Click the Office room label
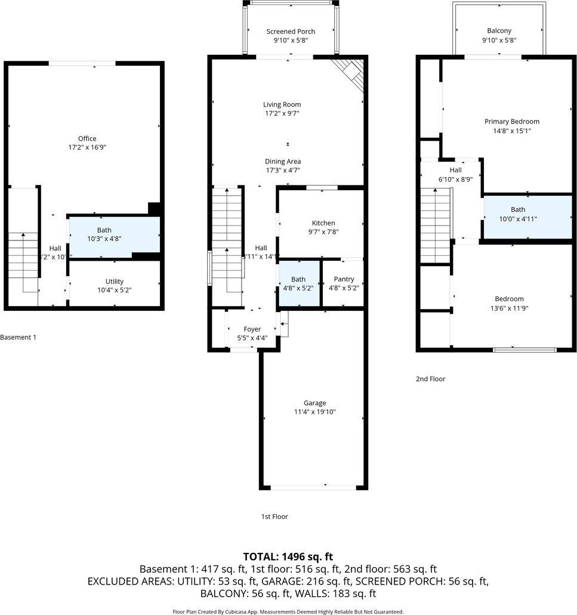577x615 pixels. tap(87, 138)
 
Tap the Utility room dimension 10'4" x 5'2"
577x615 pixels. tap(115, 290)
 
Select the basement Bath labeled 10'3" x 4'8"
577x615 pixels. tap(104, 234)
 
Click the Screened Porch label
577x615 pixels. tap(291, 32)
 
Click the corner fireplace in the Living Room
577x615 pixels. tap(352, 73)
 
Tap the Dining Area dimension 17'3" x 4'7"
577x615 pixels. tap(283, 170)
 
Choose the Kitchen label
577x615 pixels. tap(323, 223)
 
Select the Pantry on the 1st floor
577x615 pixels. tap(344, 283)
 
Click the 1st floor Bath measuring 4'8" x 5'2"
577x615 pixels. tap(298, 283)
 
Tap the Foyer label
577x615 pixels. tap(252, 329)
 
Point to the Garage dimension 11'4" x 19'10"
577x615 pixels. tap(314, 412)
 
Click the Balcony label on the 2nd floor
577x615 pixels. tap(499, 31)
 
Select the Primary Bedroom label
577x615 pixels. tap(511, 121)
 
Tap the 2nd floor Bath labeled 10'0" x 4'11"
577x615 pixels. tap(518, 214)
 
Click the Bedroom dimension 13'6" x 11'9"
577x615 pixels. tap(509, 308)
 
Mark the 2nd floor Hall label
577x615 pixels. tap(455, 169)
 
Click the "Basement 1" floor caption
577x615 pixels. tap(18, 337)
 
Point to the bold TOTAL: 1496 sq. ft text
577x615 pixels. tap(288, 557)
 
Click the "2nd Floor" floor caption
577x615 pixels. tap(431, 379)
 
